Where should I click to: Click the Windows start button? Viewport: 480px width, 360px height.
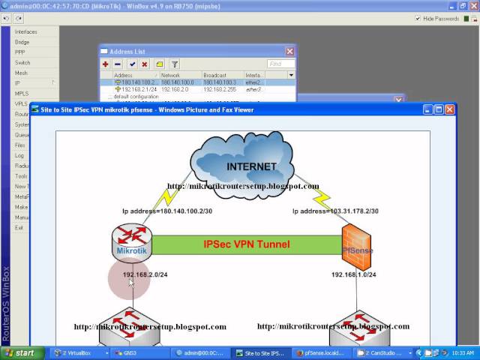pyautogui.click(x=20, y=352)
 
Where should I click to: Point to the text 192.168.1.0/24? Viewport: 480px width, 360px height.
pyautogui.click(x=354, y=274)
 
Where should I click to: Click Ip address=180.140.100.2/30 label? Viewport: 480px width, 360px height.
pyautogui.click(x=167, y=211)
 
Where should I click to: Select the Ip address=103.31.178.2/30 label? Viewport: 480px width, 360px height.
pyautogui.click(x=335, y=211)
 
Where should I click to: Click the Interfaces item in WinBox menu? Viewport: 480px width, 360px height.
pyautogui.click(x=25, y=31)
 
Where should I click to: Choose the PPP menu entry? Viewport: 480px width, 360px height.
pyautogui.click(x=20, y=52)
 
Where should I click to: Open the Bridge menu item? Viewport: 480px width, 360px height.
pyautogui.click(x=22, y=42)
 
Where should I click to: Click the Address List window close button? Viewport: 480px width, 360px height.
pyautogui.click(x=289, y=51)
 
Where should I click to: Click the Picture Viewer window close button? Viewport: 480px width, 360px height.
pyautogui.click(x=450, y=109)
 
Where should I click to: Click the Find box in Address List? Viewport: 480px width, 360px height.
pyautogui.click(x=280, y=64)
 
